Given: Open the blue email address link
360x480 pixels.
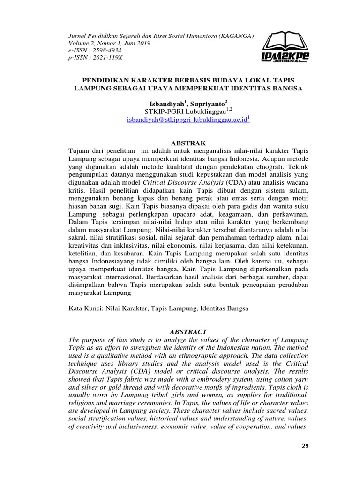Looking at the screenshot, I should pos(187,120).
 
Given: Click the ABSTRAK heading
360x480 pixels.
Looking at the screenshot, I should pos(187,142).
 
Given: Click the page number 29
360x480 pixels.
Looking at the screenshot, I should pos(304,446).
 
